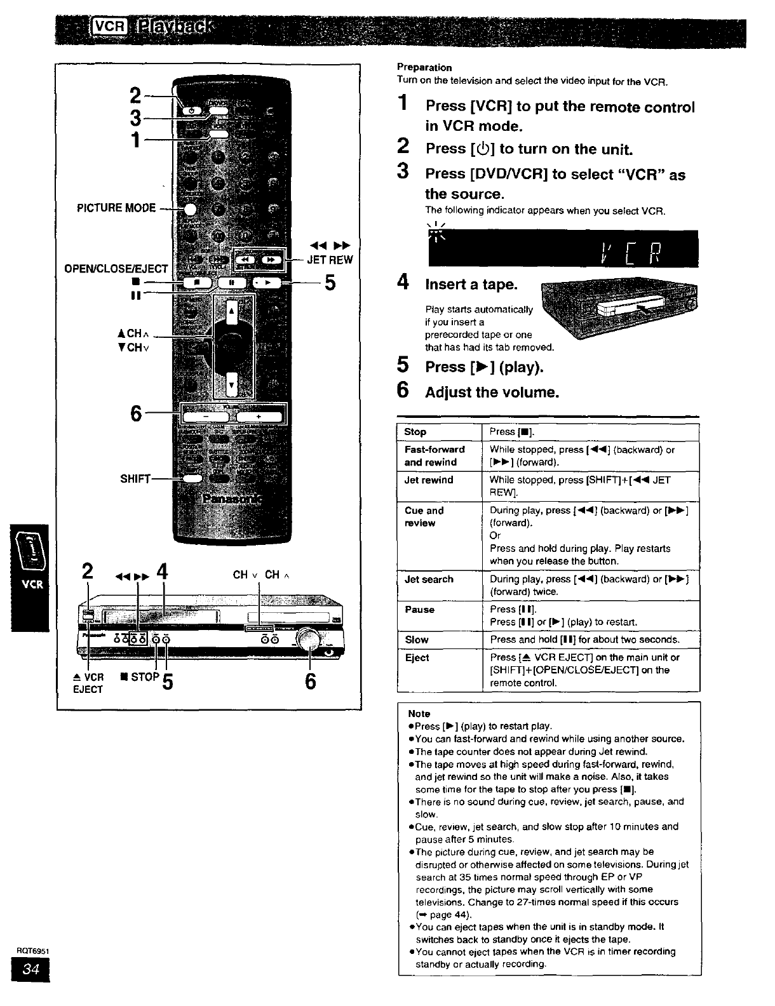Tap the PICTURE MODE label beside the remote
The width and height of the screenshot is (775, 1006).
coord(116,208)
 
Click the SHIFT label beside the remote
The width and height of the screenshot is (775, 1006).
coord(135,478)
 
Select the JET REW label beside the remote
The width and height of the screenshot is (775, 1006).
coord(330,260)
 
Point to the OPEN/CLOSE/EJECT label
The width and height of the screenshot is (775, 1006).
coord(116,269)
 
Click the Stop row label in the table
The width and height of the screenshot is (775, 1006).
coord(415,432)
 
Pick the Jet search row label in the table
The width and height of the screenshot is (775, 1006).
coord(429,579)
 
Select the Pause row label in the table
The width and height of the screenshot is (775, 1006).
coord(419,610)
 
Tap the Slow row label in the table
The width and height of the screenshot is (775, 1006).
coord(417,640)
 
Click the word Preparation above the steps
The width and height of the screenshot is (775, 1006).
coord(424,67)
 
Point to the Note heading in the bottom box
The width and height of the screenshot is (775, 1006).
coord(419,714)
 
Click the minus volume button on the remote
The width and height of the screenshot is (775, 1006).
coord(206,416)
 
